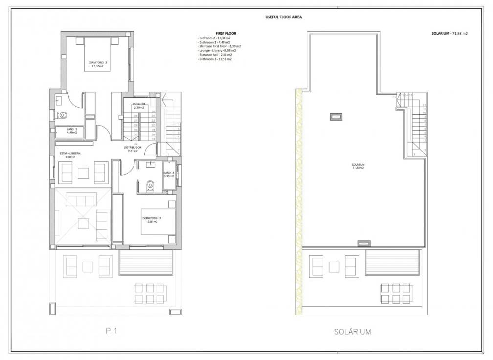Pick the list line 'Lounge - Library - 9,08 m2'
tap(217, 50)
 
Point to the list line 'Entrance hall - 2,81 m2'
tap(215, 55)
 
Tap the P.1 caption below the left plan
tap(112, 331)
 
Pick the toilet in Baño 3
tap(151, 185)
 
